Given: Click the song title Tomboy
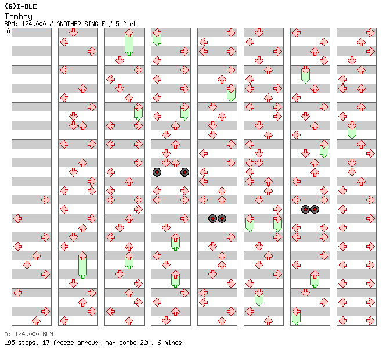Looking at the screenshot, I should pos(18,17).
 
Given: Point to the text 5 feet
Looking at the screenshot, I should pos(125,24).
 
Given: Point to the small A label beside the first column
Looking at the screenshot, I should pos(8,31).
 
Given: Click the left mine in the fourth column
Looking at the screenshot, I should pos(157,172).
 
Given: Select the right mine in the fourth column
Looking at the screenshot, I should pos(185,172).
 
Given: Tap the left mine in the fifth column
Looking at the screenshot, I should pos(212,218).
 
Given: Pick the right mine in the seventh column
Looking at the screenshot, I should pos(315,209).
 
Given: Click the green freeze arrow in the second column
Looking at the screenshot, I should pos(82,265).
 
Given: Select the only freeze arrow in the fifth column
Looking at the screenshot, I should pos(231,93).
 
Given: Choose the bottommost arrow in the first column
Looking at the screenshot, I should pos(36,321).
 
